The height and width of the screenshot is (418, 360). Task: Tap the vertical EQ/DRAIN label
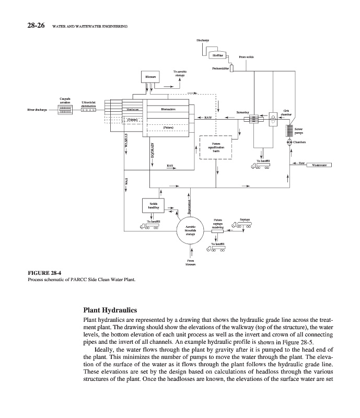152,150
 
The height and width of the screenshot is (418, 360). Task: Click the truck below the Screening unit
260,166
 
